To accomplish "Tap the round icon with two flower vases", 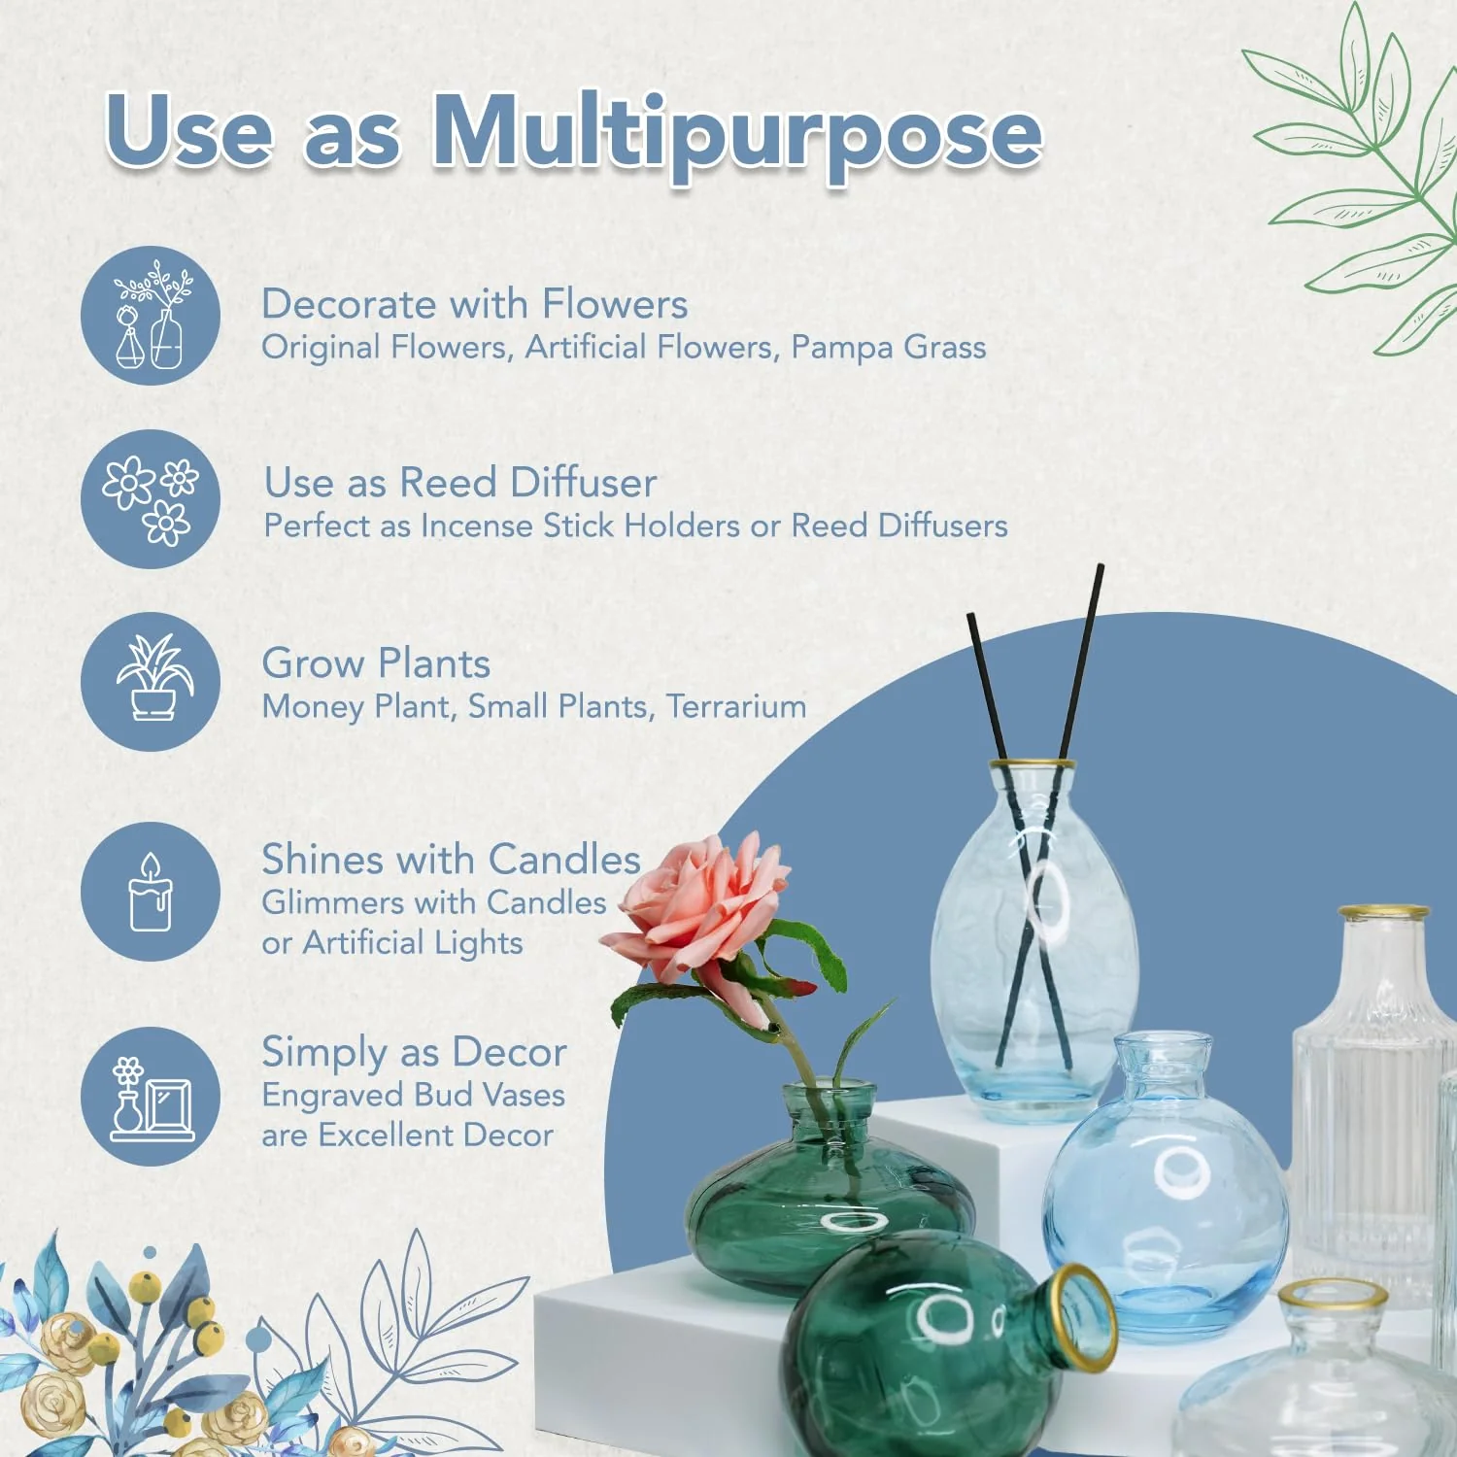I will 151,316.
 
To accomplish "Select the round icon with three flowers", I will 151,499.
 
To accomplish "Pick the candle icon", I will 151,892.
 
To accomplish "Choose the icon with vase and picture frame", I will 151,1097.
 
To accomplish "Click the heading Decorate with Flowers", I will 474,304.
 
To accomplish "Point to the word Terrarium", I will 735,706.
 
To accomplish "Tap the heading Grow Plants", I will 376,663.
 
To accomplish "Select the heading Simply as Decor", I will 414,1052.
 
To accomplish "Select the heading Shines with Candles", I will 451,860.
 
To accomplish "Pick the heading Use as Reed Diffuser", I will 460,483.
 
